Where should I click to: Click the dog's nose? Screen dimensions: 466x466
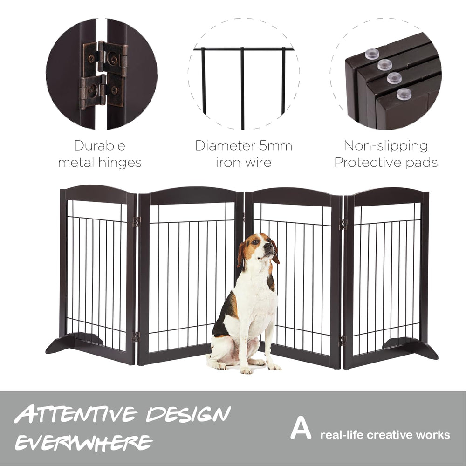click(268, 246)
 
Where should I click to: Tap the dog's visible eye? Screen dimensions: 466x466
click(255, 242)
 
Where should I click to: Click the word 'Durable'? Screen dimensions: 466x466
click(100, 145)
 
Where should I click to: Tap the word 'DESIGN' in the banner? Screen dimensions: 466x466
click(188, 414)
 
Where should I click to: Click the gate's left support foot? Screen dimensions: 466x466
click(74, 343)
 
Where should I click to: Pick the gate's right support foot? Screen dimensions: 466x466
click(411, 348)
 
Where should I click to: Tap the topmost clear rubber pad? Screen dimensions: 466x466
click(372, 54)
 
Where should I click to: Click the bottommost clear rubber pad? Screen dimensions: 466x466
click(404, 94)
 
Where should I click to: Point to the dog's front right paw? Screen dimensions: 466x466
click(247, 370)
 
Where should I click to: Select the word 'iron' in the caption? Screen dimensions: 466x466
click(227, 163)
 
